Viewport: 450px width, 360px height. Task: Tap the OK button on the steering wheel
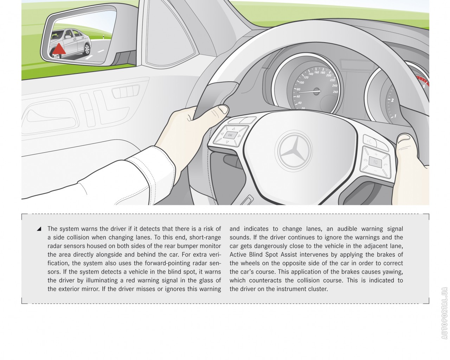pos(230,135)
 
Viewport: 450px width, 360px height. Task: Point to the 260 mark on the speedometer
pos(335,92)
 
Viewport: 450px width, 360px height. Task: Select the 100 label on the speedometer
pos(301,83)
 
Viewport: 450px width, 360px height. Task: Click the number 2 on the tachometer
pos(392,100)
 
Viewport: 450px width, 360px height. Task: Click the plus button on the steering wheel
pos(375,154)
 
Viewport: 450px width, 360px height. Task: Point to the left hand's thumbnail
pos(222,109)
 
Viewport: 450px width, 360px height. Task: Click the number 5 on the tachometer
pos(424,86)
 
